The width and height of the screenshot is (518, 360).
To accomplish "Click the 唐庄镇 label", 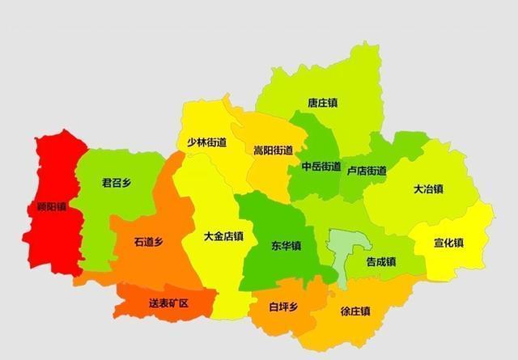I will tap(323, 104).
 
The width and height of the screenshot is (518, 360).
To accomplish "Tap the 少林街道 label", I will tap(206, 142).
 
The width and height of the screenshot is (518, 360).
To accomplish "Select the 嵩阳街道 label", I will tap(273, 150).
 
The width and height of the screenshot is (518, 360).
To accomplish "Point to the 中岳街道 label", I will tap(321, 167).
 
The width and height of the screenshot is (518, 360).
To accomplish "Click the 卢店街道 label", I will tap(367, 171).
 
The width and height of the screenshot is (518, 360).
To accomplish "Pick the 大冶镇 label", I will tap(428, 189).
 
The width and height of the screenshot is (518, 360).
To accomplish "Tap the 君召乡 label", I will tap(116, 184).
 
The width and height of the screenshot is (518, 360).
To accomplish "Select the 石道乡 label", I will tap(149, 241).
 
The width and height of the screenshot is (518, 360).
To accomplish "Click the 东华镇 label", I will tap(287, 245).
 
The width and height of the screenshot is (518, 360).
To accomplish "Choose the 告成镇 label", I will tap(380, 261).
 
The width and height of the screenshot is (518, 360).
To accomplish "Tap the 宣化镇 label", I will tap(448, 243).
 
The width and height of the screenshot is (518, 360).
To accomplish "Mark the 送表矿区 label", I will tap(168, 303).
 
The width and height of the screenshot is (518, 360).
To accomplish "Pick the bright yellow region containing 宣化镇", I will tap(461, 227).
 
